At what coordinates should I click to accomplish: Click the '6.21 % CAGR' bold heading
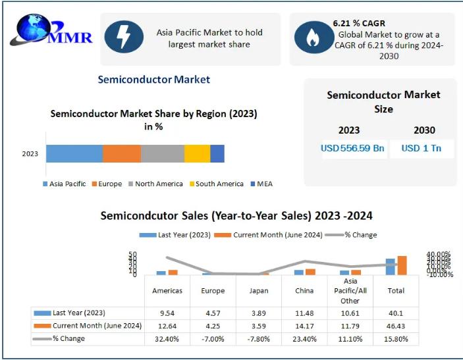(360, 24)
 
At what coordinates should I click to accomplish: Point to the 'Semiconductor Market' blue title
(153, 80)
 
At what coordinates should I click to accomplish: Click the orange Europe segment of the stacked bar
(122, 153)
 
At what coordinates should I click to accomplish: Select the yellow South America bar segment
(197, 153)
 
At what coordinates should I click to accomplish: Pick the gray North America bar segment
(162, 153)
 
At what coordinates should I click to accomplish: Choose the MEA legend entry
(261, 184)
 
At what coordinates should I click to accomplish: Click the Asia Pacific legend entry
(64, 184)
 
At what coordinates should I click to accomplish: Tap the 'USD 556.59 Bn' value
(352, 148)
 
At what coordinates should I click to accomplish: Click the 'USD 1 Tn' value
(422, 148)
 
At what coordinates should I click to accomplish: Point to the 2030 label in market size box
(424, 130)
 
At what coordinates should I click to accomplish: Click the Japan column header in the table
(258, 291)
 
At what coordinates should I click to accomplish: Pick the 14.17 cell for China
(305, 326)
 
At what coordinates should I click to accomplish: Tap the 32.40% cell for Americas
(167, 339)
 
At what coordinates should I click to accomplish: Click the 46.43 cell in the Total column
(396, 326)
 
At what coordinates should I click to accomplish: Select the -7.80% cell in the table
(258, 339)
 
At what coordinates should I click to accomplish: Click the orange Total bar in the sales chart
(402, 265)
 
